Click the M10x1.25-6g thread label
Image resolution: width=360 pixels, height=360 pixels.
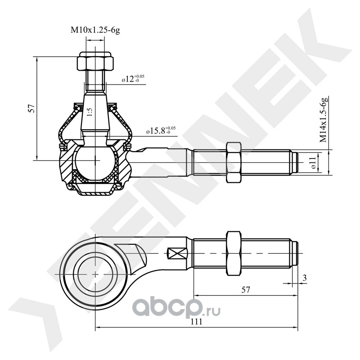[x=94, y=31]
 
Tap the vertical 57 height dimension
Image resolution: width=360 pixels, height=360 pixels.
[x=31, y=108]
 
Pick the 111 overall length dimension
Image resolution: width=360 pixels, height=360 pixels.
[x=196, y=322]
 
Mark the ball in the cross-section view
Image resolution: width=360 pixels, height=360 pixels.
[x=95, y=162]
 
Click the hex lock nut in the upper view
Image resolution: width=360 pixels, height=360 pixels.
[x=233, y=162]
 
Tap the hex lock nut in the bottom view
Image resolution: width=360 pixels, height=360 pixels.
[x=233, y=254]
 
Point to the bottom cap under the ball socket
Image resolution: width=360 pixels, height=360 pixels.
[x=95, y=191]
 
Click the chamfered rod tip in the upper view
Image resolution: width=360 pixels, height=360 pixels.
[x=295, y=162]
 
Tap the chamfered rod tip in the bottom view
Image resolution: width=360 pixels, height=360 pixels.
[x=295, y=254]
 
